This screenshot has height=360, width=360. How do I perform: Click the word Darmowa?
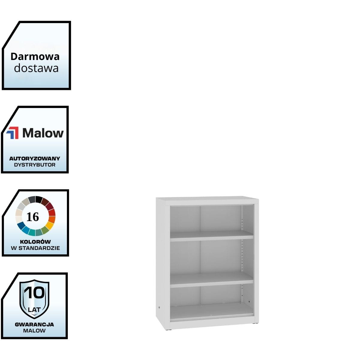tap(35, 56)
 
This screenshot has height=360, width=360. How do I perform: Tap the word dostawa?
tap(36, 68)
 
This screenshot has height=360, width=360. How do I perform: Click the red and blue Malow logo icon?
tap(13, 133)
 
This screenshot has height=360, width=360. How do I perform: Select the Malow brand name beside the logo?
tap(43, 133)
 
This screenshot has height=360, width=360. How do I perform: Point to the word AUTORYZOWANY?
tap(35, 158)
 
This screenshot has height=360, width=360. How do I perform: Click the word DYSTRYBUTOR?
tap(35, 165)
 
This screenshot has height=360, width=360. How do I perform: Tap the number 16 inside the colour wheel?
tap(33, 217)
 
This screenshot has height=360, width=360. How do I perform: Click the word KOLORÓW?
tap(35, 241)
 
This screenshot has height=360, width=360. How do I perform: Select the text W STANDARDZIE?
tap(35, 248)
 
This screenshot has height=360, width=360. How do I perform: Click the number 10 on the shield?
tap(34, 292)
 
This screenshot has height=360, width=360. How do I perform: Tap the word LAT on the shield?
tap(34, 309)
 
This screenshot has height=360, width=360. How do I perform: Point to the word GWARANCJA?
tap(34, 324)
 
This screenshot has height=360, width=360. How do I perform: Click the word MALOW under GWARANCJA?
tap(34, 331)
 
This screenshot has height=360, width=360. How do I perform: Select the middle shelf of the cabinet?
tap(211, 280)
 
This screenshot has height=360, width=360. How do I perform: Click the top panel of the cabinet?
tap(207, 199)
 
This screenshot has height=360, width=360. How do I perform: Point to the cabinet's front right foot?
tap(255, 323)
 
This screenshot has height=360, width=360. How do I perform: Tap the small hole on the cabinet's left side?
tap(159, 307)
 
